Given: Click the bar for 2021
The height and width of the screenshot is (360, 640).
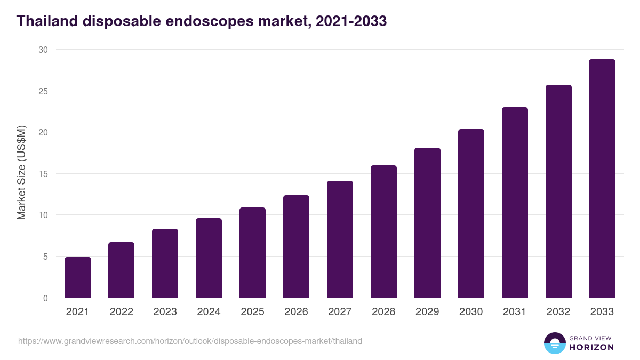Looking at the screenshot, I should point(78,277).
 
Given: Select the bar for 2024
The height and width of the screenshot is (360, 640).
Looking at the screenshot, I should point(209,258).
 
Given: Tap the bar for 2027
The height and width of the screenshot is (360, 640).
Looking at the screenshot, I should point(340,239).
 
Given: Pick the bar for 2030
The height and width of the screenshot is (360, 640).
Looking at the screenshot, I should point(471,213).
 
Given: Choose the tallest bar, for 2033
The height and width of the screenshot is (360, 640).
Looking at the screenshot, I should point(602,179).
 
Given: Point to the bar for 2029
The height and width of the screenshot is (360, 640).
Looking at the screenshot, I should point(428,223).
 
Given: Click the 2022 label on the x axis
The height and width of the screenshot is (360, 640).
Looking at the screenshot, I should point(122,312).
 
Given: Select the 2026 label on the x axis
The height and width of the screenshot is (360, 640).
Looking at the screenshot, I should point(297,312).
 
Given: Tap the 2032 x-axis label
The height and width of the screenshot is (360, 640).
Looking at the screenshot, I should point(558,312).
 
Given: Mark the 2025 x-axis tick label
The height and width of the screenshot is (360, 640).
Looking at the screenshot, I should point(253,312).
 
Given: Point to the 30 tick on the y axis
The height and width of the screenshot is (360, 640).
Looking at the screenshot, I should point(43,50).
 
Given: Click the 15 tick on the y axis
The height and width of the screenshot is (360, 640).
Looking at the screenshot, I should point(43,174).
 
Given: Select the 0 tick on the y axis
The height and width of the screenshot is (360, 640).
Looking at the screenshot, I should point(45,298).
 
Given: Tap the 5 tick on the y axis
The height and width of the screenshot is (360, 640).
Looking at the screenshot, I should point(45,257).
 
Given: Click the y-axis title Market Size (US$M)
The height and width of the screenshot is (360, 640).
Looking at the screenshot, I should point(21,173).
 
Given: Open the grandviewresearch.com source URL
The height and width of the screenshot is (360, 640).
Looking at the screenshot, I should point(190,341).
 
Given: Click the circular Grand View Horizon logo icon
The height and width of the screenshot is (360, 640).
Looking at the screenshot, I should point(554,343).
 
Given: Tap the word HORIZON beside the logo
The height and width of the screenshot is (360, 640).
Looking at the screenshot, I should point(591,347).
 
